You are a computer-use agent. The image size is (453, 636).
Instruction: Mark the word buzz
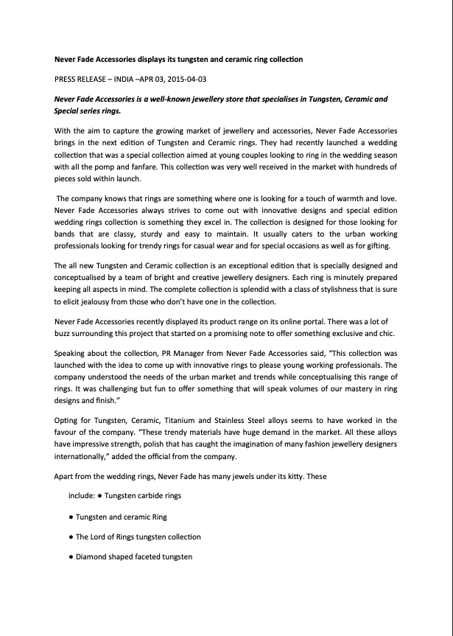[66, 333]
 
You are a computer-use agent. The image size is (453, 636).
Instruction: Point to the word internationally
[85, 457]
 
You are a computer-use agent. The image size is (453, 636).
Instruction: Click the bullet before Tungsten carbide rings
[99, 496]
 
